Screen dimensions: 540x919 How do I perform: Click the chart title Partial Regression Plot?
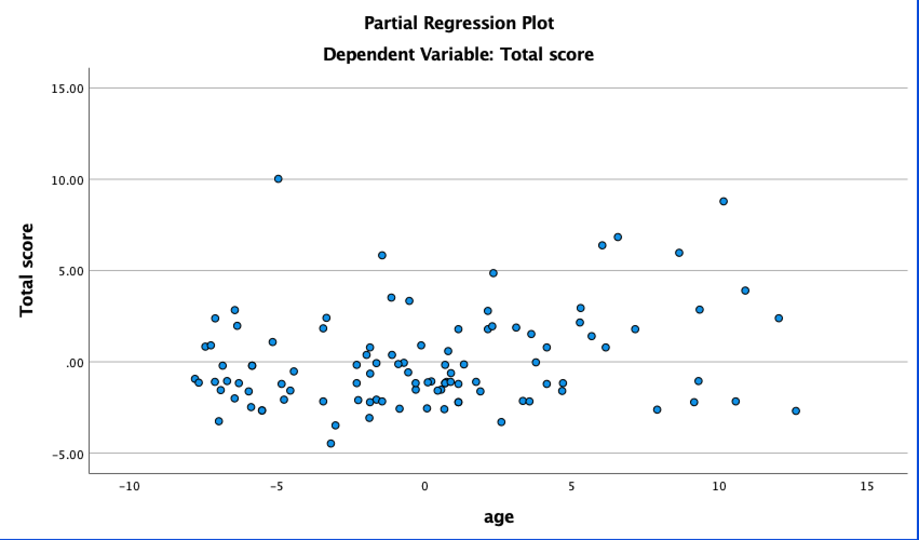tap(459, 23)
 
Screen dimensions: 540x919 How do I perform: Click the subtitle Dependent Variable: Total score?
tap(458, 55)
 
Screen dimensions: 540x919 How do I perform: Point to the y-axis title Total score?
tap(26, 270)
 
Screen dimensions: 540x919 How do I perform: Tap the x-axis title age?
tap(498, 517)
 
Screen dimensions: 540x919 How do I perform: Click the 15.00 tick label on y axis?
tap(67, 89)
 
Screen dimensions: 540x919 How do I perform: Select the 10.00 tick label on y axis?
tap(67, 180)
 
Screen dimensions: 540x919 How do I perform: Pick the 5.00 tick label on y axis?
tap(70, 271)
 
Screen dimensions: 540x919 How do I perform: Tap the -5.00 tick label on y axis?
tap(67, 454)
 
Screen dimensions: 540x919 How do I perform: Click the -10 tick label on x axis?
tap(129, 487)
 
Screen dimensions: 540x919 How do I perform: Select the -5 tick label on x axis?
tap(276, 487)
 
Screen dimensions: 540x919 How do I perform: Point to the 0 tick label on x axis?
tap(424, 487)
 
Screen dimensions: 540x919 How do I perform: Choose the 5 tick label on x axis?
tap(571, 487)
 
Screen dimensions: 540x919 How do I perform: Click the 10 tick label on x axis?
tap(719, 487)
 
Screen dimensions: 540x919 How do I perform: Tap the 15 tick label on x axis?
tap(866, 487)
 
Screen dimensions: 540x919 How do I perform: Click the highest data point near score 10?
tap(278, 179)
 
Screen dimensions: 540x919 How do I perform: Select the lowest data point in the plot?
tap(331, 443)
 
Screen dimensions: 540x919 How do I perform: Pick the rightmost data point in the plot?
tap(795, 411)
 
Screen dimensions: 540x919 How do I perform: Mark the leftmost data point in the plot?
tap(195, 379)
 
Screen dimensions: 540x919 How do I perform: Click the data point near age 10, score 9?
tap(724, 201)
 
